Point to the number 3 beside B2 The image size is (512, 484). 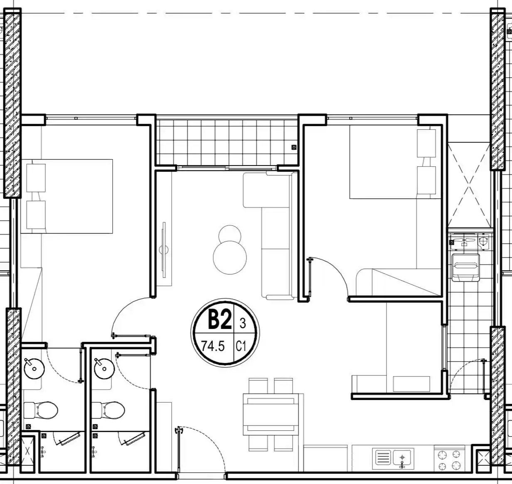coord(243,323)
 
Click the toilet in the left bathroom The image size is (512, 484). coord(41,410)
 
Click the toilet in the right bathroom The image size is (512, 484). coord(108,410)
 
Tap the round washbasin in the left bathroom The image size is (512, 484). coord(34,368)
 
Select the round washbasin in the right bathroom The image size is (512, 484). coord(104,368)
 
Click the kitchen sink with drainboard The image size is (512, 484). coord(393,458)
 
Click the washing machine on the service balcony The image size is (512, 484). coord(465,267)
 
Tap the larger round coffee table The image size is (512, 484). coord(230,257)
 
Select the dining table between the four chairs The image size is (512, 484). coord(271,414)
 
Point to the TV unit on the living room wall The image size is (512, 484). coord(164,250)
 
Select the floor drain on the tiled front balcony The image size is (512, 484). coord(294,147)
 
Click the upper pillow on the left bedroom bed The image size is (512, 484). coord(36,178)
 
